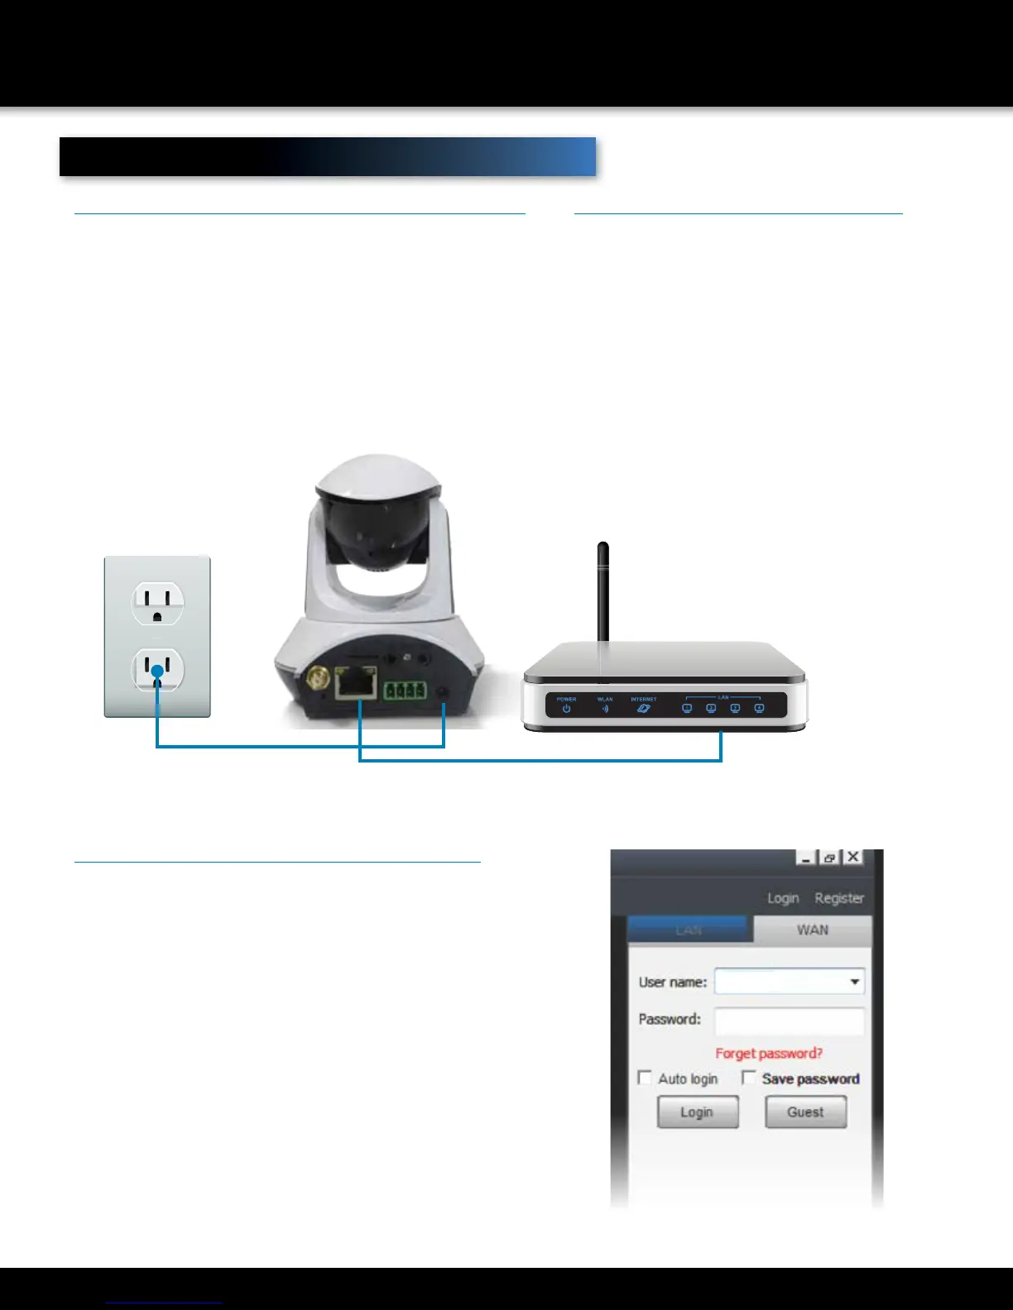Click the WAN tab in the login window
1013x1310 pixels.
point(812,930)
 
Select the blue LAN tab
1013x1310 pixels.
point(689,930)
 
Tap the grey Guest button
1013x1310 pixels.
point(805,1112)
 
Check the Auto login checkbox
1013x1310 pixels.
point(646,1078)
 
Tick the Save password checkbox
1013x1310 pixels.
point(749,1078)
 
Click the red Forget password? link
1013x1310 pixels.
point(769,1053)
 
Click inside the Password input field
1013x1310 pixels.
point(789,1020)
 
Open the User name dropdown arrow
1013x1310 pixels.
point(855,982)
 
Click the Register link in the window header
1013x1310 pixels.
point(838,898)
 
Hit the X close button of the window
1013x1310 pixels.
point(852,858)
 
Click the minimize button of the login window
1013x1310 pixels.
point(805,858)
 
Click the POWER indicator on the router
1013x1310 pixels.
point(566,706)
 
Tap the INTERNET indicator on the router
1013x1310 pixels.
point(643,706)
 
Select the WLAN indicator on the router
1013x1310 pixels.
point(605,706)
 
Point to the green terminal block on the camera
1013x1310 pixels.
point(405,690)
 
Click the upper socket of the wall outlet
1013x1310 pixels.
point(157,602)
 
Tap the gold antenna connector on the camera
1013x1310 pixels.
point(315,681)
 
